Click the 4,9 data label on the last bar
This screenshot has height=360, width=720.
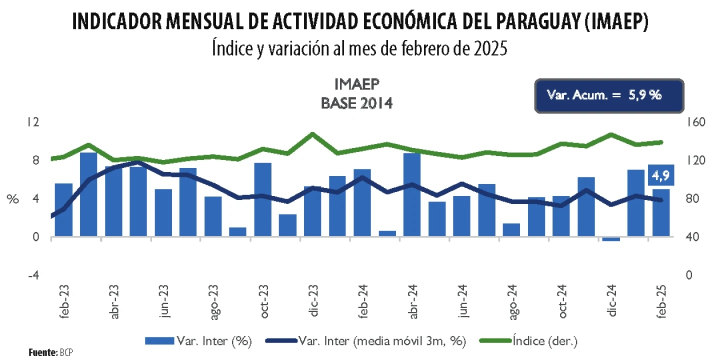click(x=661, y=175)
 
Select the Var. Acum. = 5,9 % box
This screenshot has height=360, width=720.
click(x=608, y=95)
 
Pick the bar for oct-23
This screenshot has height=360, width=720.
click(x=263, y=199)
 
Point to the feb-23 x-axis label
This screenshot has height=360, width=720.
click(x=66, y=301)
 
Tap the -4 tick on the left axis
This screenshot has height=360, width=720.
click(x=33, y=275)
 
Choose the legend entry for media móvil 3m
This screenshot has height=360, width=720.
click(x=366, y=341)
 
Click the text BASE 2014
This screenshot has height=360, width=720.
click(x=356, y=103)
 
